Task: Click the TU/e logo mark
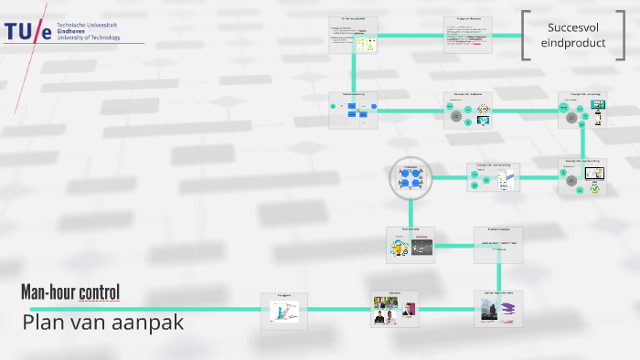tap(27, 33)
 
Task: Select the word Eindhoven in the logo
tap(73, 31)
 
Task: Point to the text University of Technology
tap(89, 37)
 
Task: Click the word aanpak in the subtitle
tap(150, 323)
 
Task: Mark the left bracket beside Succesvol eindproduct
tap(525, 36)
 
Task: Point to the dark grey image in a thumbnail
tap(421, 246)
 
